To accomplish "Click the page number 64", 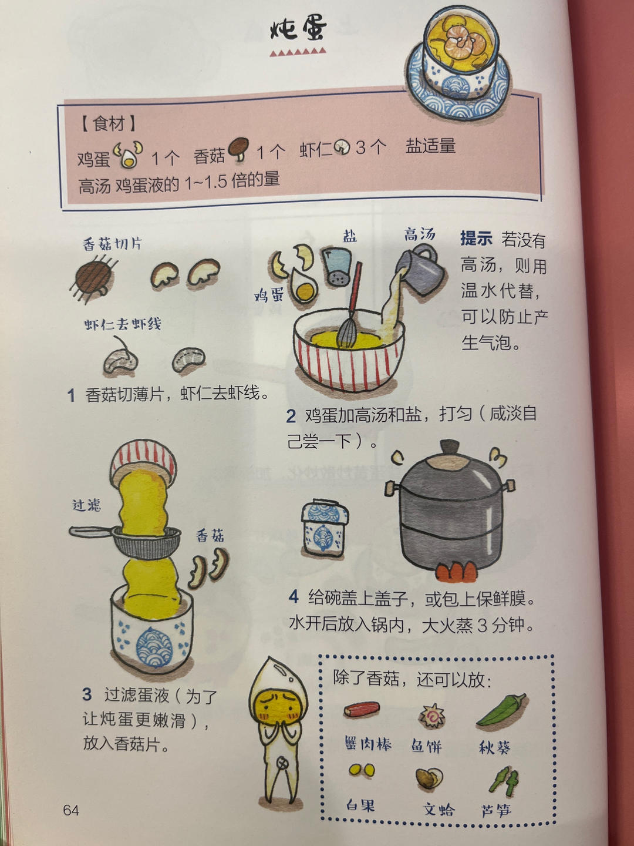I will pos(71,810).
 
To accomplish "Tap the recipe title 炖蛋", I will pos(298,28).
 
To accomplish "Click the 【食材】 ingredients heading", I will pos(109,123).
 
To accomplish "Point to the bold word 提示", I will pos(476,239).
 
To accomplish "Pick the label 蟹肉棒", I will pos(368,744).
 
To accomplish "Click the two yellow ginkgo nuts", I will pos(361,770).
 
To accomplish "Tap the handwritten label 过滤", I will pos(87,505).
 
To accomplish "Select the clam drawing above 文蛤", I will pos(430,778).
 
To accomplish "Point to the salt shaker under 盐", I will pos(337,266).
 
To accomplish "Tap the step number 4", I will pos(294,597).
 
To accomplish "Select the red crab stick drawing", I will pos(362,710).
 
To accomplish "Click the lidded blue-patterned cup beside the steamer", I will pos(324,528).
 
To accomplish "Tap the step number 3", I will pos(87,694).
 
